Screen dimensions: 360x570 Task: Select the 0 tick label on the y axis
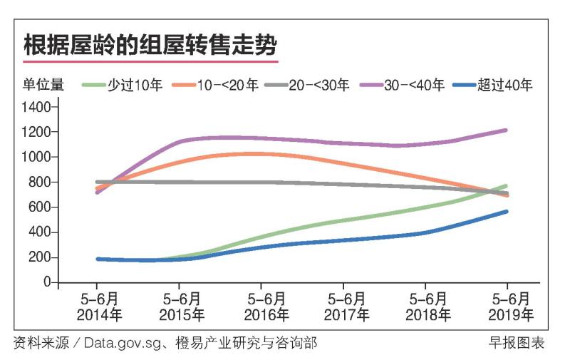pyautogui.click(x=47, y=282)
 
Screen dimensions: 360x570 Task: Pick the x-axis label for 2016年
pyautogui.click(x=266, y=314)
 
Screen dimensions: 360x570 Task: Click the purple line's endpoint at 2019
pyautogui.click(x=506, y=130)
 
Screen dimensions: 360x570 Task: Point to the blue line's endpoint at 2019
pyautogui.click(x=506, y=212)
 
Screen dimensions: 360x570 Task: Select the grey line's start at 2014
pyautogui.click(x=97, y=182)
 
